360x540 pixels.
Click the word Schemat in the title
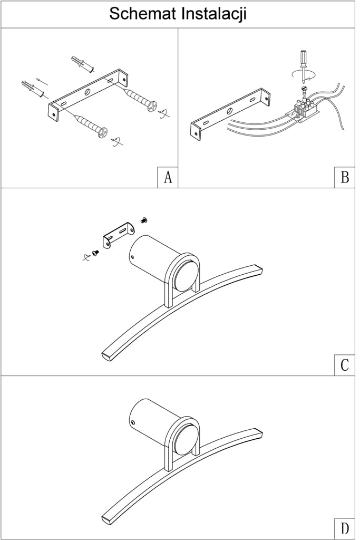click(x=143, y=14)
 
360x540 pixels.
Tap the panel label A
click(x=168, y=178)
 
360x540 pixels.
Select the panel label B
click(x=345, y=178)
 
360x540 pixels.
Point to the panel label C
click(x=345, y=365)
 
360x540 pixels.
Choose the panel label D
click(x=345, y=528)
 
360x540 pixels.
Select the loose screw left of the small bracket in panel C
click(x=95, y=253)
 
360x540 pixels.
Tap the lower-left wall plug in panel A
click(x=32, y=89)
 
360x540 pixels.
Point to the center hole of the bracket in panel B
click(x=229, y=111)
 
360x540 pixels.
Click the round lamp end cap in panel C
click(x=188, y=276)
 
